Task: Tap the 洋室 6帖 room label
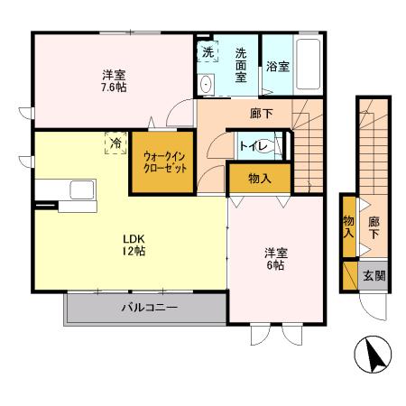click(x=274, y=260)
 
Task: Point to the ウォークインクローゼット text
click(x=161, y=162)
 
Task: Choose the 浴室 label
click(x=277, y=67)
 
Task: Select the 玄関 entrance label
click(x=374, y=276)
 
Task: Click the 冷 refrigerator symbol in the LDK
click(x=115, y=142)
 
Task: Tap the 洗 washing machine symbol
click(x=208, y=52)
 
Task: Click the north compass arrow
click(x=374, y=356)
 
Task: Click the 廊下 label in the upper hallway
click(x=262, y=113)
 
